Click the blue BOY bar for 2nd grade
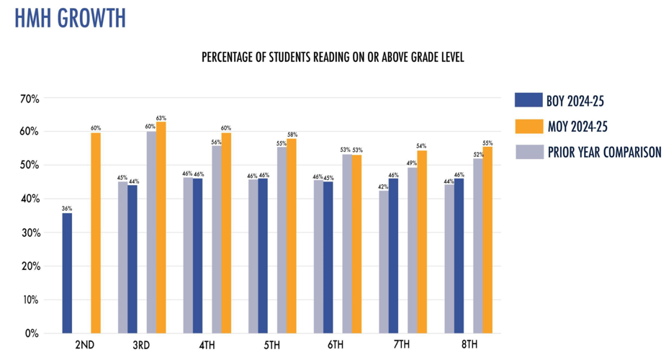click(x=67, y=273)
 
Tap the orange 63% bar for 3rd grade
click(x=161, y=228)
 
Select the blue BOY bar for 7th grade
click(x=393, y=256)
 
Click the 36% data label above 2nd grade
click(x=67, y=209)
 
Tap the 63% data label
click(x=161, y=117)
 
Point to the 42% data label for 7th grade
click(x=383, y=186)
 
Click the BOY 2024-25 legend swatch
click(x=528, y=101)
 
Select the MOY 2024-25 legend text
click(x=578, y=127)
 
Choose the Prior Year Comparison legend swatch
click(x=528, y=152)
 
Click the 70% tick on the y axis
click(x=30, y=98)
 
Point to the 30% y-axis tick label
click(x=30, y=233)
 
